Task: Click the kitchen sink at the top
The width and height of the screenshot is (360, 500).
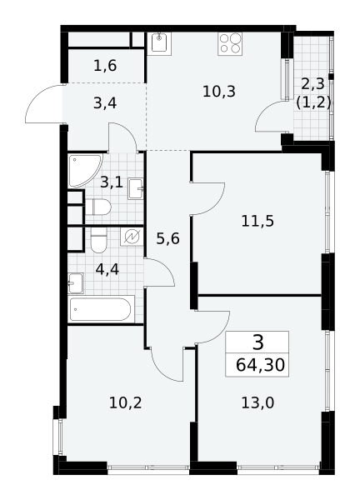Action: point(159,43)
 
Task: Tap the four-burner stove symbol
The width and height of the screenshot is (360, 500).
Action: point(230,43)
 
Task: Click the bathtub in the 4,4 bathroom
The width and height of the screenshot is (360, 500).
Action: point(101,308)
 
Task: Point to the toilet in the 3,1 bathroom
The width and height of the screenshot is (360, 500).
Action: point(98,207)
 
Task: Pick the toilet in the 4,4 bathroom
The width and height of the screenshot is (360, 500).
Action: point(98,240)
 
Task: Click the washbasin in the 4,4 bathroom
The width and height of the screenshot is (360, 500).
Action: point(76,282)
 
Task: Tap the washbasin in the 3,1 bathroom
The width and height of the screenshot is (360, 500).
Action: point(136,189)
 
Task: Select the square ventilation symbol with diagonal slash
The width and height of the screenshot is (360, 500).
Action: point(132,237)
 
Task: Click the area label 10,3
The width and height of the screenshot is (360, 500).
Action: point(219,92)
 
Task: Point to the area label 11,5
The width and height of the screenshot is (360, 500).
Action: point(257,221)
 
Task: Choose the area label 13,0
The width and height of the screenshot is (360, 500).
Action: point(257,403)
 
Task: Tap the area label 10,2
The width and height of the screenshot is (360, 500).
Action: point(125,403)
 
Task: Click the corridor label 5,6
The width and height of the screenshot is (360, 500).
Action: point(168,238)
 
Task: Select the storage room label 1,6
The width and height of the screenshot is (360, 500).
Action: point(105,66)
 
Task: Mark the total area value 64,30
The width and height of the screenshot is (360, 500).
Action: point(260,365)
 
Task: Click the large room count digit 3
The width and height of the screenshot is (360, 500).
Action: point(257,342)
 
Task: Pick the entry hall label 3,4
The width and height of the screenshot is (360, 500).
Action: point(105,103)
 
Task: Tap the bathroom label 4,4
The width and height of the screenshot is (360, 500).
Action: point(107,270)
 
